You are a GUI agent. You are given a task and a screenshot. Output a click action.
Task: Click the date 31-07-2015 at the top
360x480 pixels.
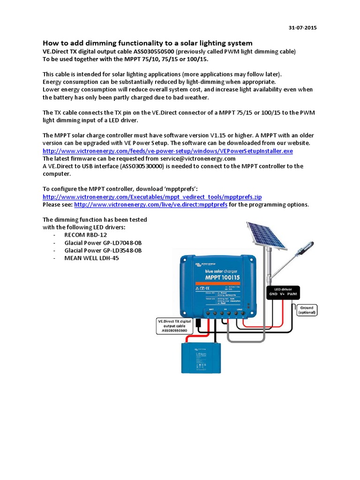point(302,28)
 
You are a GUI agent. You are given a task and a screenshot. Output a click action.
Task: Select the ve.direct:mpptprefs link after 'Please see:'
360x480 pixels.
point(150,205)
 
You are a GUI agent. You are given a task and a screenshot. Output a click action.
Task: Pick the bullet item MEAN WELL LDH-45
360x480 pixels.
point(91,258)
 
